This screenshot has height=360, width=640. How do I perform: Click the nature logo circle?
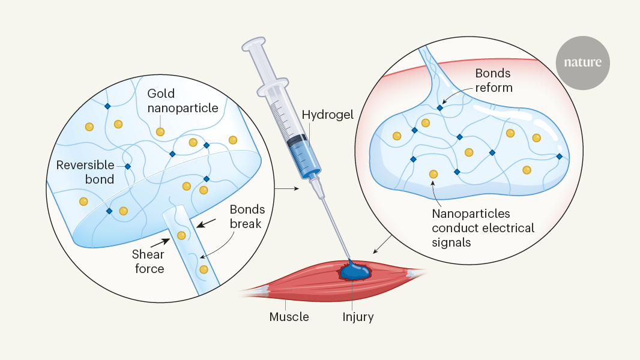582,62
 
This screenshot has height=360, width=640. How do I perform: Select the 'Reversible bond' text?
86,172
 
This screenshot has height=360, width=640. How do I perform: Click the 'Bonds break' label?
246,217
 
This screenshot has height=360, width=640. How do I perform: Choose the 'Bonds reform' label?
494,80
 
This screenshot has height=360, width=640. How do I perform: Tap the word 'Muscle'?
289,317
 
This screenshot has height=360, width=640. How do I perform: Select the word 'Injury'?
358,317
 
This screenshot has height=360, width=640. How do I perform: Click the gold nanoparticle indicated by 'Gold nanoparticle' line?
160,131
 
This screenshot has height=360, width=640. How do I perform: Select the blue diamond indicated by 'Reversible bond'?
127,166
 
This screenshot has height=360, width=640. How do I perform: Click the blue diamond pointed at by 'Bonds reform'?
439,107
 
